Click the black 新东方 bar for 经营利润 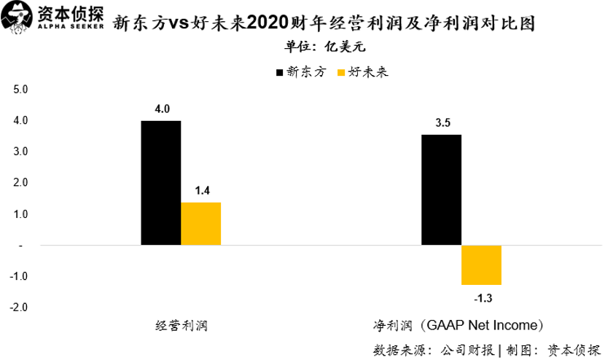(161, 183)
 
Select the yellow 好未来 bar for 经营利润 (201, 224)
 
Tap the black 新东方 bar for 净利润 (442, 190)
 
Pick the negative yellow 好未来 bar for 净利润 (482, 265)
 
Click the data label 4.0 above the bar (161, 109)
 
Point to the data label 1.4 (202, 191)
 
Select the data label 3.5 (442, 123)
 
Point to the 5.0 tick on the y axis (20, 90)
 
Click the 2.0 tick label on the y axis (20, 183)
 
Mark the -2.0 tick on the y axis (18, 308)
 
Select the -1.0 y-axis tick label (18, 276)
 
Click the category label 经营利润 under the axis (181, 325)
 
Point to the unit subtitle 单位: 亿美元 (323, 47)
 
